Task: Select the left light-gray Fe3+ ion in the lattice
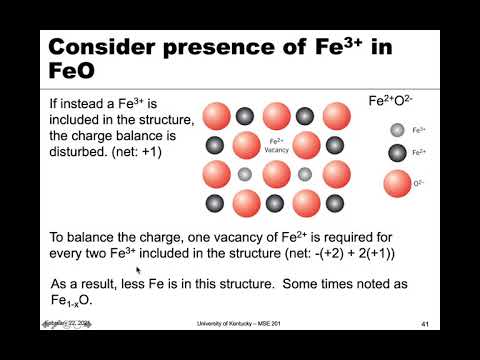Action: (x=246, y=175)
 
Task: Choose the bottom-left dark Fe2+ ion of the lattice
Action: (x=216, y=204)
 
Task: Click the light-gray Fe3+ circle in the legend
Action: (x=397, y=130)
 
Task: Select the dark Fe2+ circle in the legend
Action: (x=397, y=153)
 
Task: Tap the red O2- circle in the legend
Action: (x=397, y=184)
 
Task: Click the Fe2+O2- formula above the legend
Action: (x=391, y=102)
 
